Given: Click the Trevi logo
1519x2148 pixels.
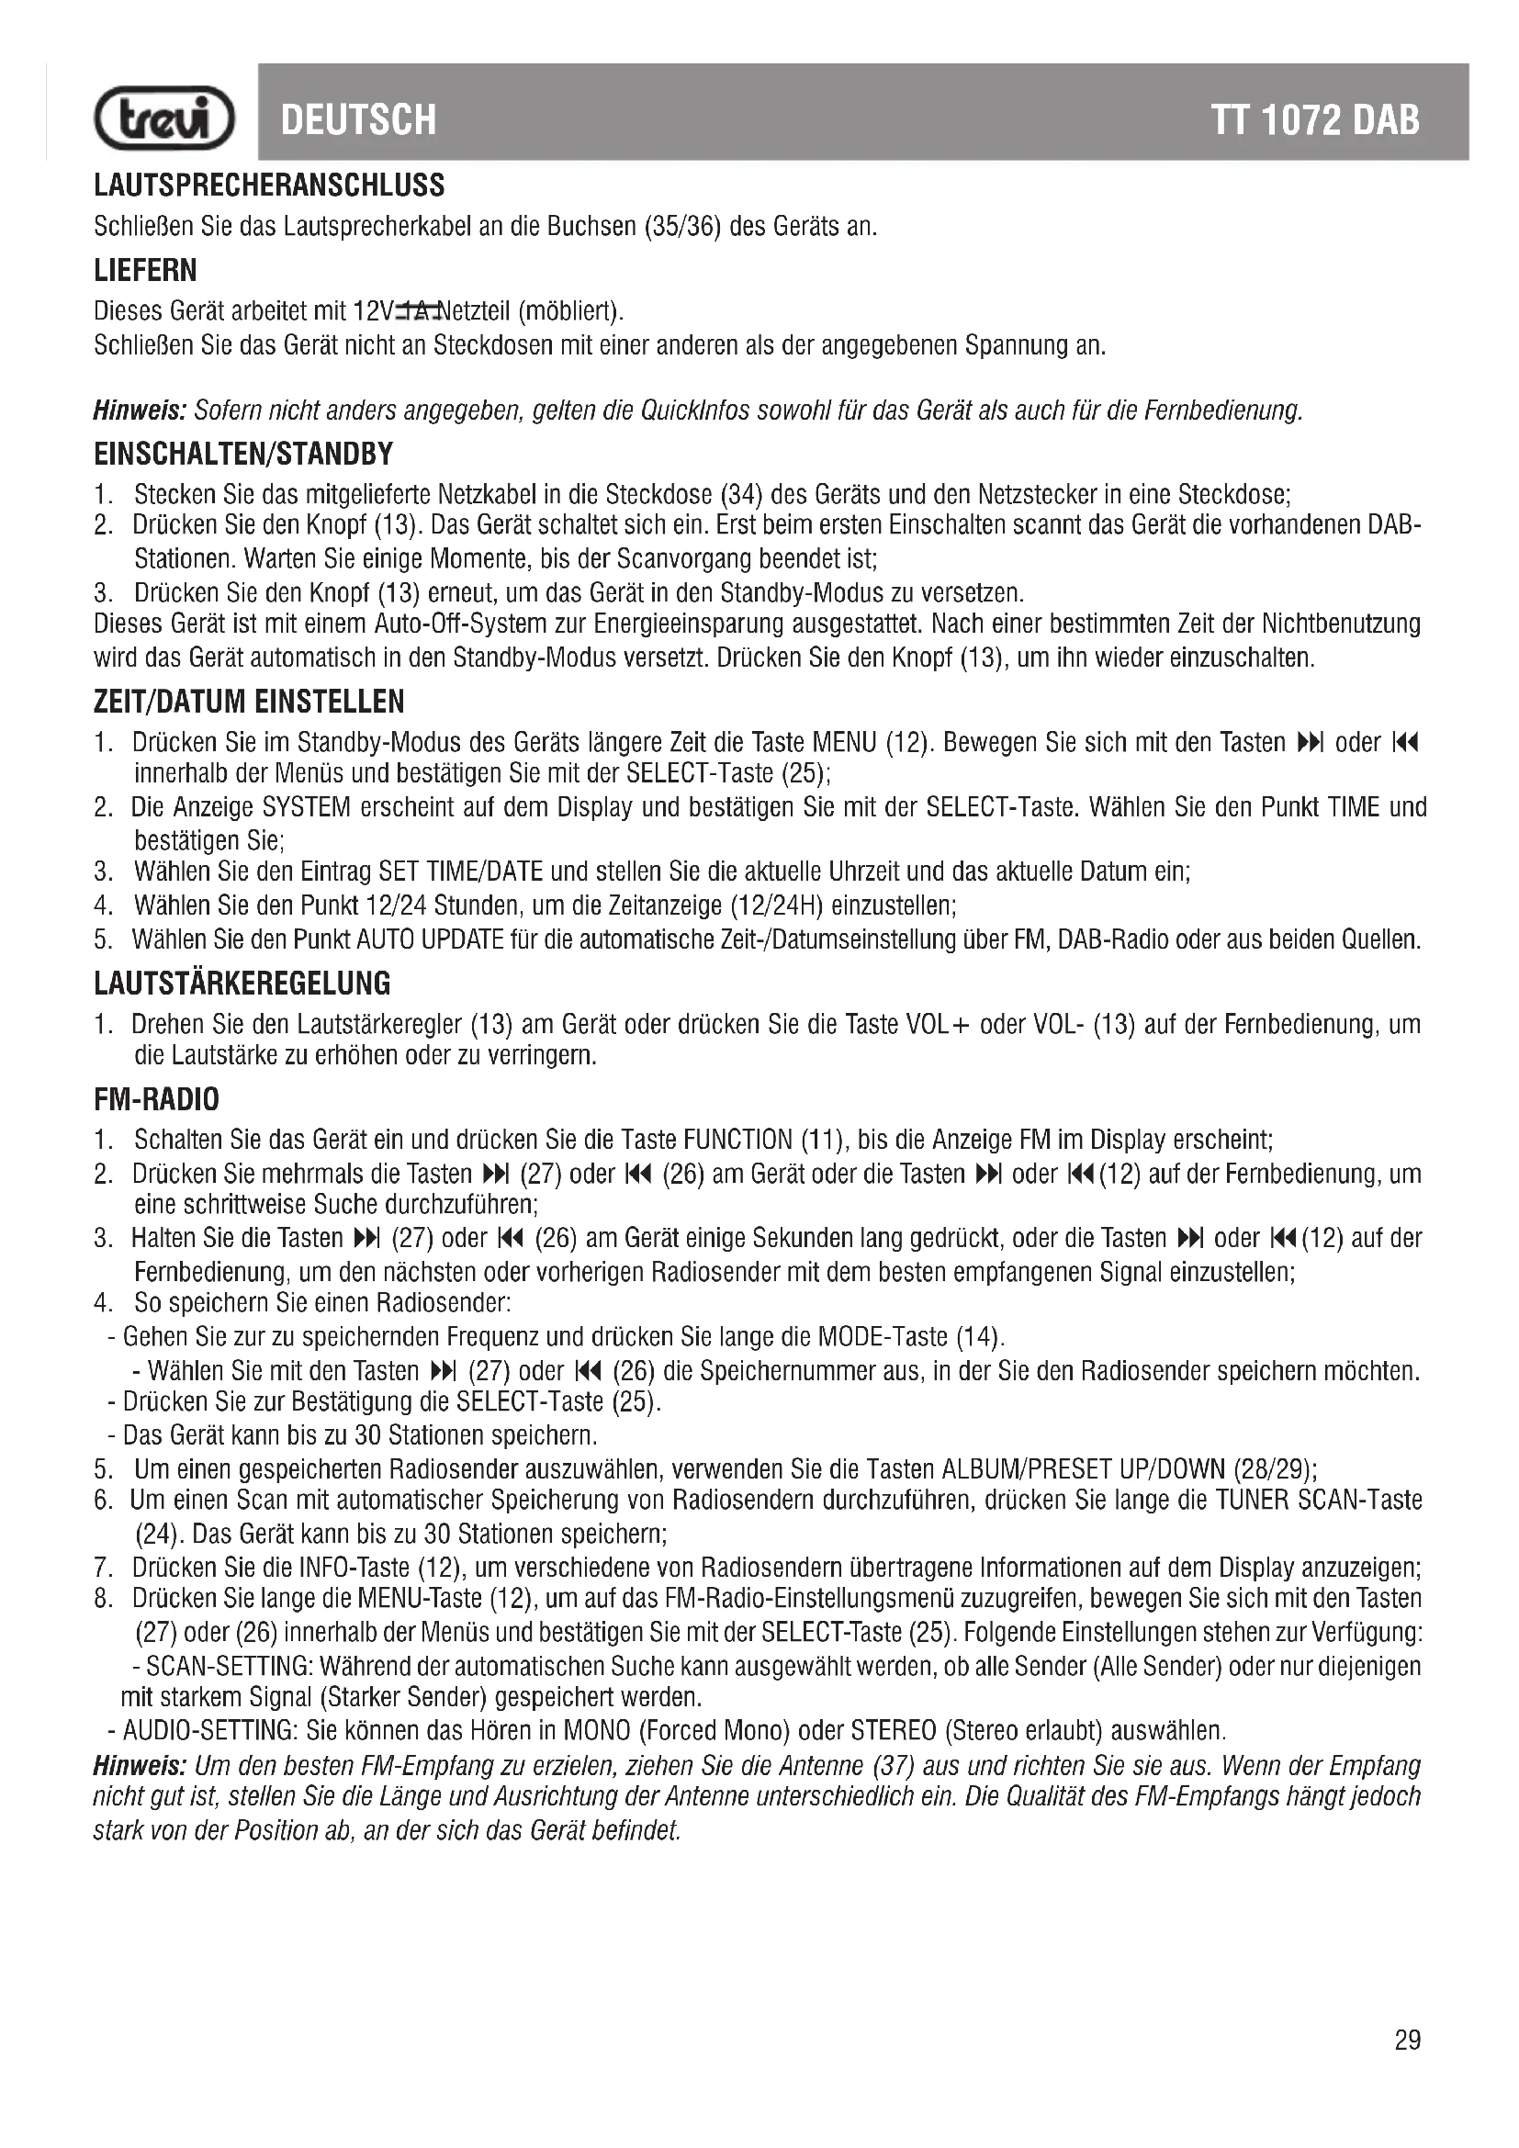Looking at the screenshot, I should click(x=164, y=118).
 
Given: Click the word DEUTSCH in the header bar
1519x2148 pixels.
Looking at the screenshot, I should click(x=358, y=119).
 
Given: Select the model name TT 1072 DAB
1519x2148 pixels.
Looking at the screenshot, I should click(x=1315, y=119).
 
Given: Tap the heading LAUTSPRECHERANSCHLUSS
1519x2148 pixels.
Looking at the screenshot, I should click(x=269, y=186).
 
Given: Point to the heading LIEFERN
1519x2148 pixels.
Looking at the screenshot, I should click(x=146, y=270).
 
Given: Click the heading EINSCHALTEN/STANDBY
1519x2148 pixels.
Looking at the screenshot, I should click(x=243, y=454).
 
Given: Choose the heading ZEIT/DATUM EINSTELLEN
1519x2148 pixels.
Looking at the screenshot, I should click(x=249, y=701).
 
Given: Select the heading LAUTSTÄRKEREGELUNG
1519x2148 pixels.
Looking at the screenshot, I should click(x=242, y=984).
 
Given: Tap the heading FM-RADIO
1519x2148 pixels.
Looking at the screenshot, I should click(x=156, y=1098).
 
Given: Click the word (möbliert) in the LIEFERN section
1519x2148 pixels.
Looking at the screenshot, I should click(x=570, y=310).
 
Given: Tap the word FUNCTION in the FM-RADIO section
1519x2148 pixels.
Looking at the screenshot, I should click(x=738, y=1140).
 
